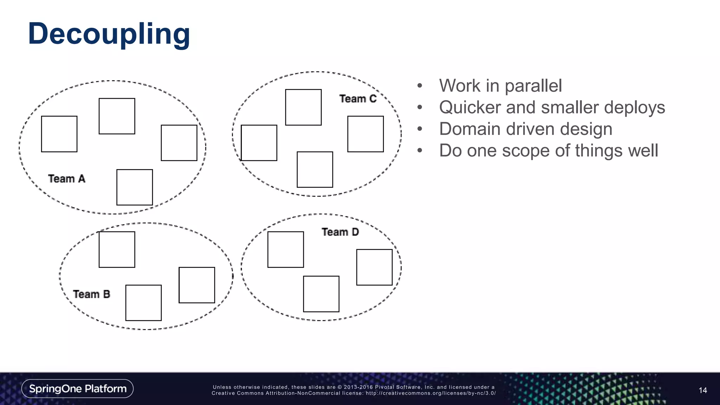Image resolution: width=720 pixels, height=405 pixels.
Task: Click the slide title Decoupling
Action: tap(109, 34)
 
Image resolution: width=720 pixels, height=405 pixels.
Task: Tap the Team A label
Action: tap(67, 179)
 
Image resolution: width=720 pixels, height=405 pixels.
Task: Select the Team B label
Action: tap(91, 294)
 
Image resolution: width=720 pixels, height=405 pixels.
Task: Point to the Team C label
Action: tap(358, 99)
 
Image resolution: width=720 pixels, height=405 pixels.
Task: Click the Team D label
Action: tap(340, 232)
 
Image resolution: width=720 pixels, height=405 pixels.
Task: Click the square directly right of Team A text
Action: tap(135, 187)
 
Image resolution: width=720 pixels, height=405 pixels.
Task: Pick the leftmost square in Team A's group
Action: tap(59, 134)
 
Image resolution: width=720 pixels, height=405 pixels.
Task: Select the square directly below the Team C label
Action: tap(366, 134)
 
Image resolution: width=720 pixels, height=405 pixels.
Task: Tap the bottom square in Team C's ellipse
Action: tap(315, 169)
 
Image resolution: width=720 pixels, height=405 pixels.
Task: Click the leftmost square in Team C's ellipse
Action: tap(259, 143)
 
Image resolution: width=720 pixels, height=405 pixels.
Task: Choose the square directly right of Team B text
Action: tap(143, 303)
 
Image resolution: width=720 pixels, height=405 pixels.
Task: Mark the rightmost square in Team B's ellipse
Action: tap(197, 285)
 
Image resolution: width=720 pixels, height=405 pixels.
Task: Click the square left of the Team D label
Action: tap(286, 250)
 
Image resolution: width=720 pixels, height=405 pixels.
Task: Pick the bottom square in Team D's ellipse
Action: tap(321, 294)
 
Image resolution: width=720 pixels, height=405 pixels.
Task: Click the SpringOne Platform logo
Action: tap(77, 388)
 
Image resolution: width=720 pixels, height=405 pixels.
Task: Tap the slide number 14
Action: tap(703, 390)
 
